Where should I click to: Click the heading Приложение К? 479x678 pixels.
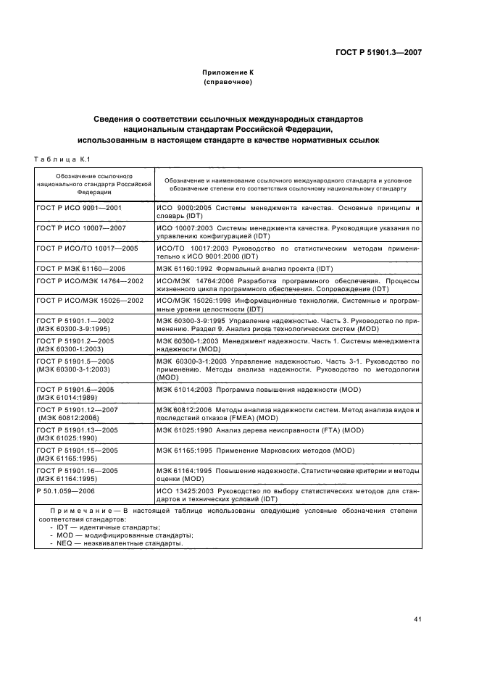pyautogui.click(x=228, y=73)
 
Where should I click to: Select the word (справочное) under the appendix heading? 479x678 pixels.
pyautogui.click(x=228, y=83)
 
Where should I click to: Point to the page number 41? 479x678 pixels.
pyautogui.click(x=417, y=619)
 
